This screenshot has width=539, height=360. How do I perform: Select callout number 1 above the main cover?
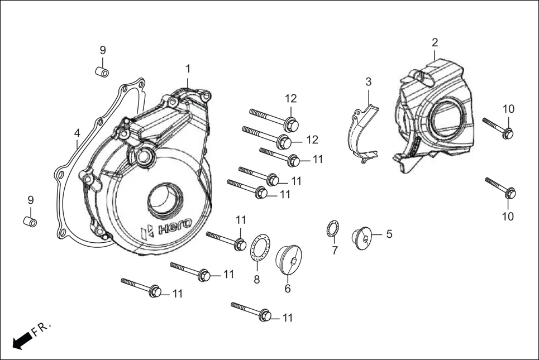tap(188, 69)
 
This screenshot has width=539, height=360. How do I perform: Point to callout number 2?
tap(435, 42)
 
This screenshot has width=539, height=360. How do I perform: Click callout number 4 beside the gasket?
tap(77, 133)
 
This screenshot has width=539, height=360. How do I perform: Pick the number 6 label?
tap(288, 289)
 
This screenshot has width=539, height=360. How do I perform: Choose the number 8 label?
tap(257, 280)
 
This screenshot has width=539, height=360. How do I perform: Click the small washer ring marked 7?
tap(332, 229)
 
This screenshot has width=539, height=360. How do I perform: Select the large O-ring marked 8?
tap(259, 247)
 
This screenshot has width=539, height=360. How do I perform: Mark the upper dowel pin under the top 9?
tap(101, 72)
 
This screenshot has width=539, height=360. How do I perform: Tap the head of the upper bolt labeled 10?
tap(507, 133)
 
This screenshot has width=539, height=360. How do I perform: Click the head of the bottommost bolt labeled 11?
tap(266, 316)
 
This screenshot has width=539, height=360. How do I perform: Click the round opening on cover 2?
tap(449, 118)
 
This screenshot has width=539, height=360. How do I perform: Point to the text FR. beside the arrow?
tap(42, 329)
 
